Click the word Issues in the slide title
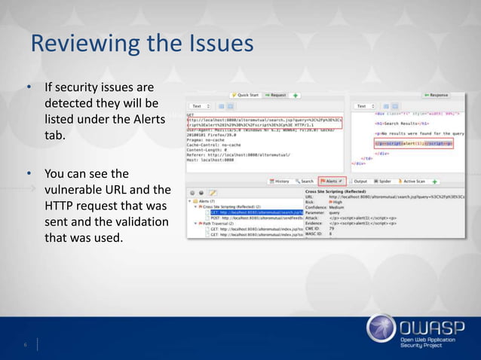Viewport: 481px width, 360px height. click(218, 44)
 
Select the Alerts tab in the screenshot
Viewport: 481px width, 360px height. click(331, 182)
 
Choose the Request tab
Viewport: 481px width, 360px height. click(277, 96)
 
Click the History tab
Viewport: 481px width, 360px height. click(278, 182)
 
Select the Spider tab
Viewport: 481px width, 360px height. click(383, 182)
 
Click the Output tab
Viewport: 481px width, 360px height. click(358, 182)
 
